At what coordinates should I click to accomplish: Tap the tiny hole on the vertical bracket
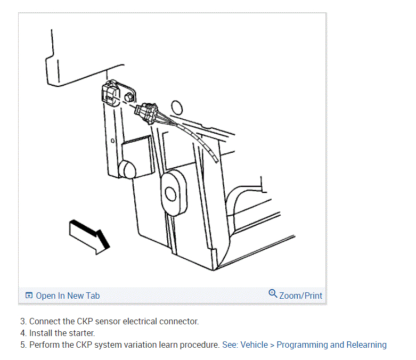112,141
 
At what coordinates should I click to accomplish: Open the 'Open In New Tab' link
68,296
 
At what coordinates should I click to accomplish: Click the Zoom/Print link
300,296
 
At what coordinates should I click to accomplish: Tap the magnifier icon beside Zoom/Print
273,293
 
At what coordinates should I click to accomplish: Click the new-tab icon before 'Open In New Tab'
29,296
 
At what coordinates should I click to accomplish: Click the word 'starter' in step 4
82,333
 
